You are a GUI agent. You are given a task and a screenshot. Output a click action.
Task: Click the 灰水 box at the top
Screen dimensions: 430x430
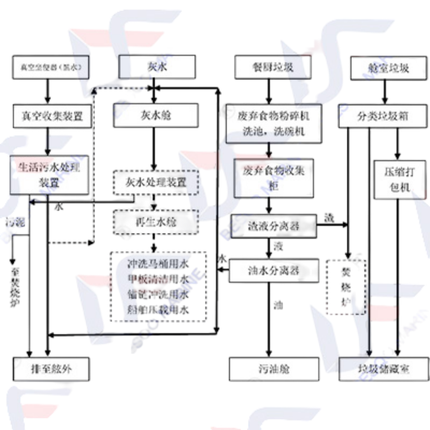(x=157, y=67)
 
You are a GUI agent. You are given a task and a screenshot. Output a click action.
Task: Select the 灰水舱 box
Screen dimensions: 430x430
(x=156, y=115)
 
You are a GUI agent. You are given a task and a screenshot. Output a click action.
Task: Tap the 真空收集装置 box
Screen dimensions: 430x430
(x=52, y=116)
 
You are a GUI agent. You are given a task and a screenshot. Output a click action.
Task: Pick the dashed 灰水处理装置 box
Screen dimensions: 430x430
(x=156, y=182)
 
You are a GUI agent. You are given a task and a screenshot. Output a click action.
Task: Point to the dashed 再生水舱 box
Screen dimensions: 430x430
(x=156, y=222)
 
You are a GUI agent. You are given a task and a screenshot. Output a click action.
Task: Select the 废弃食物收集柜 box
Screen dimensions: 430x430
(x=274, y=178)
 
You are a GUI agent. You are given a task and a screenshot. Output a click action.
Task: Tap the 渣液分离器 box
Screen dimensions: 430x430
(x=274, y=226)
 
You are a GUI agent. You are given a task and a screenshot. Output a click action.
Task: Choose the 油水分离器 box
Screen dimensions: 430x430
(x=274, y=271)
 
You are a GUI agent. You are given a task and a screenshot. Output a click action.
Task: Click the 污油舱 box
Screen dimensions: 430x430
(x=274, y=369)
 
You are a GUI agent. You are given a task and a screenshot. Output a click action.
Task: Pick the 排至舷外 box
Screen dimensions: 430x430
(x=52, y=369)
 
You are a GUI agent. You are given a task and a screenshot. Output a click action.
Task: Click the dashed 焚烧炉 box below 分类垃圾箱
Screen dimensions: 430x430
(x=346, y=287)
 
